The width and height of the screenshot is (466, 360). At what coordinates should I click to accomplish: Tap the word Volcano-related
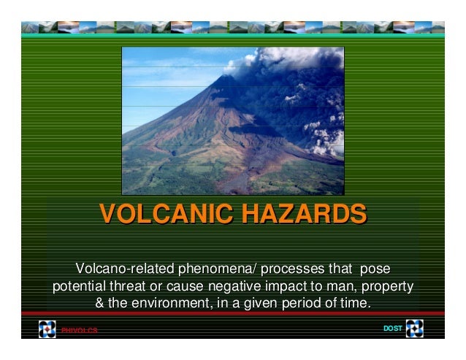coord(121,267)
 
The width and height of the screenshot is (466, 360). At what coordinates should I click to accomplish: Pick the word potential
coord(78,286)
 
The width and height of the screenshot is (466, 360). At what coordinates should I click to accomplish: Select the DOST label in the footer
coord(392,329)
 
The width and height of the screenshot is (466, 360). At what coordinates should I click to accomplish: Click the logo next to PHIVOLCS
coord(47,329)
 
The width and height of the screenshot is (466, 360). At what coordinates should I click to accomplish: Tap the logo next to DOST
coord(414,329)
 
